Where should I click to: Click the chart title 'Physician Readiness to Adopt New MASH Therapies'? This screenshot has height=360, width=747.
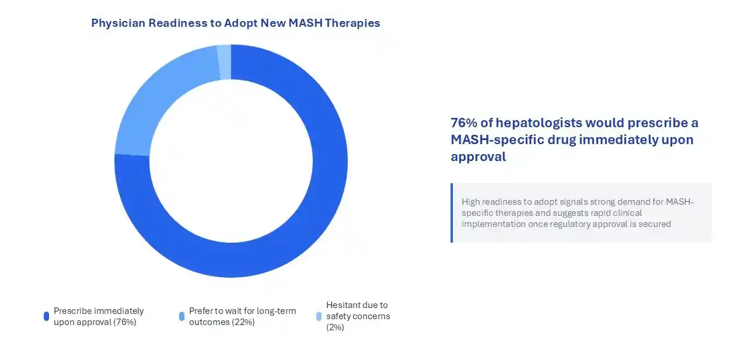click(x=235, y=23)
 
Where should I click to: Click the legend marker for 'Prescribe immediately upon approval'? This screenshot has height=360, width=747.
click(x=46, y=316)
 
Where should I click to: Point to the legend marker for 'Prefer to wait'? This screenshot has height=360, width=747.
click(x=181, y=316)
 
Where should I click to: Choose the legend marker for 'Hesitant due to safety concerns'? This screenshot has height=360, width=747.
click(x=319, y=316)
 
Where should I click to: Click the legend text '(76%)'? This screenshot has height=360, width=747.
click(x=124, y=322)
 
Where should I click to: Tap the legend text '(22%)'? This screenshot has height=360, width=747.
click(x=243, y=322)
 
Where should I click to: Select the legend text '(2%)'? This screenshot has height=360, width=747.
click(x=335, y=327)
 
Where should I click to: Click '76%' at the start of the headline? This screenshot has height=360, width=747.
click(x=465, y=123)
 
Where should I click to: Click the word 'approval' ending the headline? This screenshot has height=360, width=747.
click(x=478, y=157)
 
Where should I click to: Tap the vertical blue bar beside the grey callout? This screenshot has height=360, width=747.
click(x=452, y=213)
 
